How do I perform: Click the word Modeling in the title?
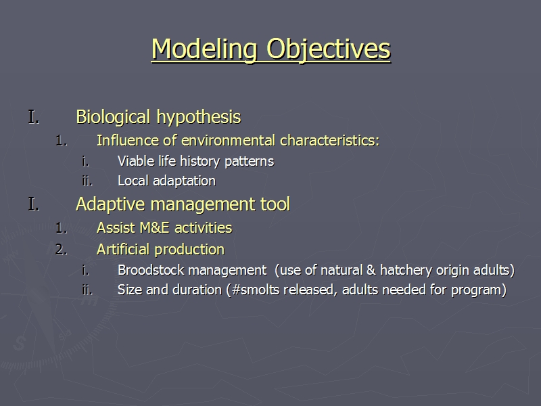[205, 49]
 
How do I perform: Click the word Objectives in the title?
[329, 49]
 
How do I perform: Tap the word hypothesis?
[199, 117]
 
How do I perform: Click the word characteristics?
[329, 141]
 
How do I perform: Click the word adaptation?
[184, 181]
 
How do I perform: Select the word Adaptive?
[110, 204]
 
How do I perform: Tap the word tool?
[275, 204]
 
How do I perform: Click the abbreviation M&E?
[155, 228]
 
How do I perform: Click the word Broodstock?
[147, 270]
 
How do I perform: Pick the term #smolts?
[256, 290]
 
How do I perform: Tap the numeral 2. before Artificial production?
[62, 250]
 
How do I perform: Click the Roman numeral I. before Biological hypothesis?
[34, 117]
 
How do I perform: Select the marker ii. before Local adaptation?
[87, 181]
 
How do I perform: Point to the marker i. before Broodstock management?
[86, 270]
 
